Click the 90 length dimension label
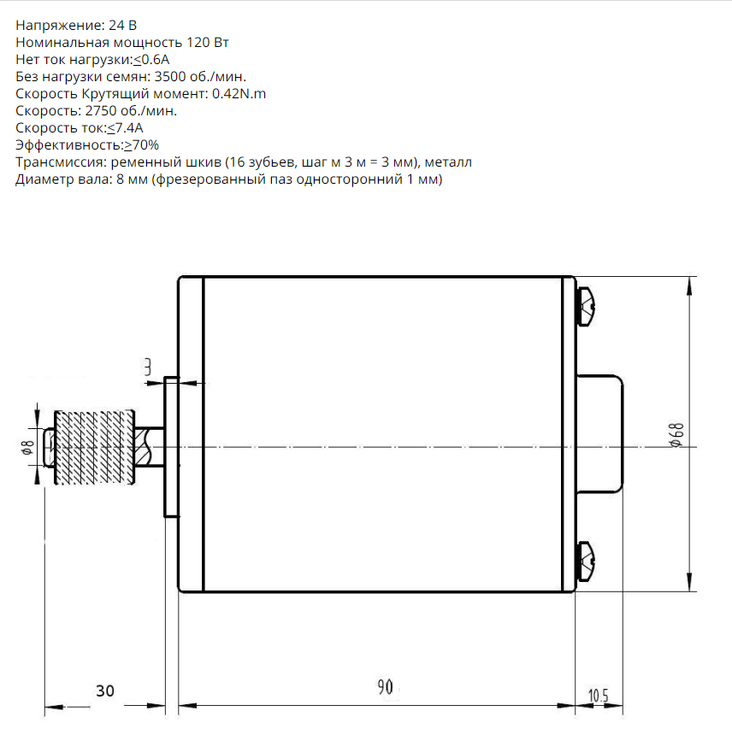click(385, 687)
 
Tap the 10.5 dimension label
click(598, 696)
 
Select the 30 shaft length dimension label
click(105, 691)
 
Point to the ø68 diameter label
click(677, 435)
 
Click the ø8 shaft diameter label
click(27, 447)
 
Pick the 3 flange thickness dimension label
click(148, 367)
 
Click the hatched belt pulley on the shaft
click(94, 447)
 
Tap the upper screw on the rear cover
click(586, 307)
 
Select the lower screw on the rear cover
click(586, 561)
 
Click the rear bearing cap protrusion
click(600, 434)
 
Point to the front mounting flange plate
click(171, 447)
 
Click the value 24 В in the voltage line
click(122, 25)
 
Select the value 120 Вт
click(207, 43)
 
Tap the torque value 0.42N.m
click(239, 94)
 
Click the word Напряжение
click(60, 26)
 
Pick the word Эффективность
click(68, 145)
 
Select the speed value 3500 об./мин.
click(200, 77)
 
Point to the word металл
click(448, 162)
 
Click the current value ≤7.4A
click(125, 128)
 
